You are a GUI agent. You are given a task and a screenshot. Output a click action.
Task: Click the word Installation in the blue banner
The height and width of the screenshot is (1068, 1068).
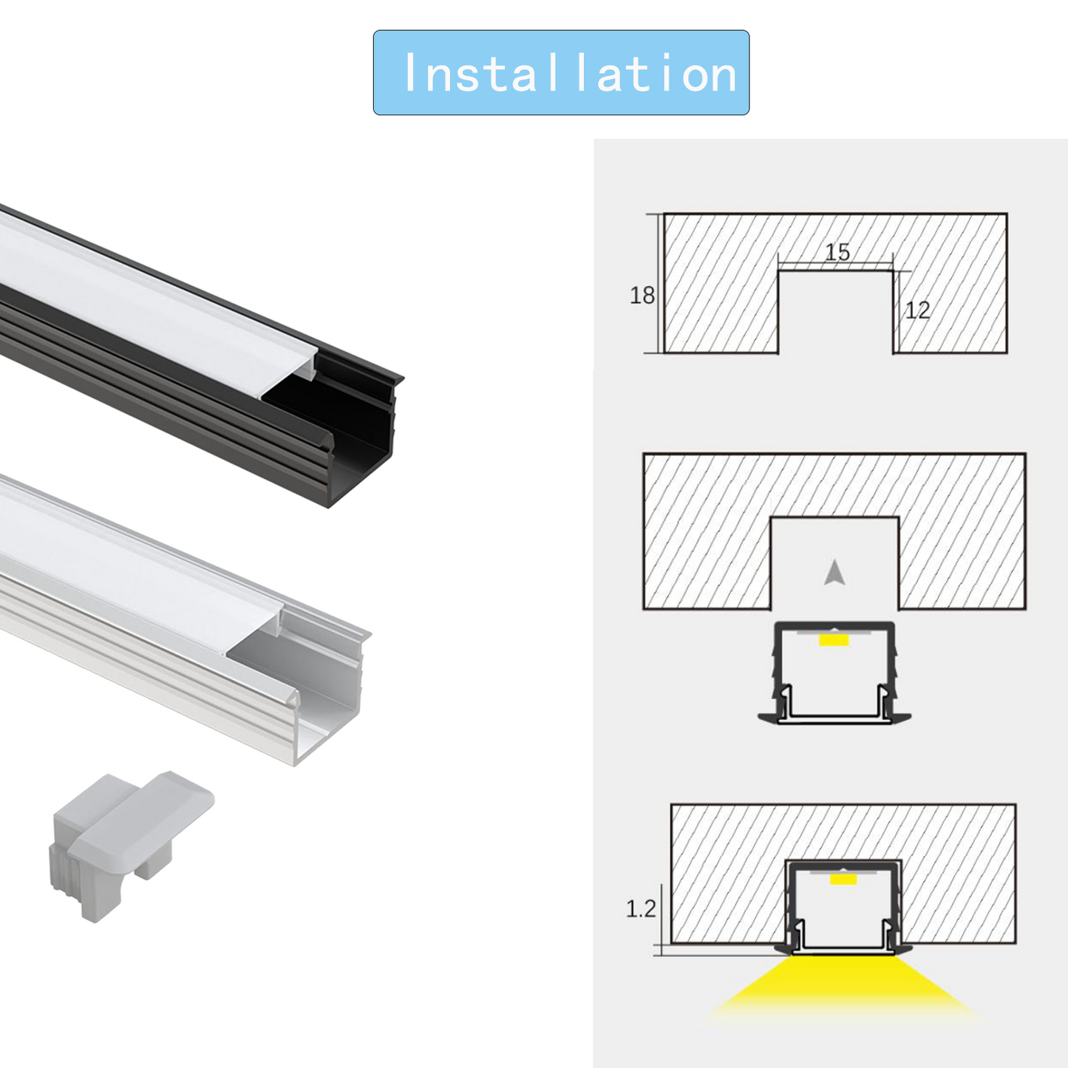[571, 73]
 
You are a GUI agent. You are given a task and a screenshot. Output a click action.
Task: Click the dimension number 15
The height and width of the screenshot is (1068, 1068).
[837, 252]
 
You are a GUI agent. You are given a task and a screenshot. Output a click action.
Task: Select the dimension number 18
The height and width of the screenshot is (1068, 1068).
[642, 296]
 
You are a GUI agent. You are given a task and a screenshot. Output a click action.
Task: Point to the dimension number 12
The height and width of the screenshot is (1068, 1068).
[917, 310]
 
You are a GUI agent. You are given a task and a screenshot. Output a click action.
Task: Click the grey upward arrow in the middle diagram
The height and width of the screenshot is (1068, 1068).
[834, 573]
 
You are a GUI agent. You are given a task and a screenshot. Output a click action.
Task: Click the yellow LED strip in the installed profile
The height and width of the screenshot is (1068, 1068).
[843, 880]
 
